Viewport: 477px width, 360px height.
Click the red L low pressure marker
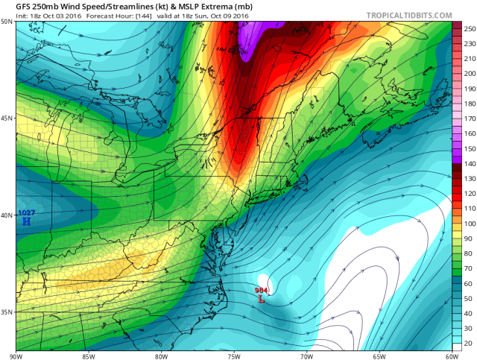tap(261, 299)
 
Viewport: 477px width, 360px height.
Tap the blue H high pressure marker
tap(26, 221)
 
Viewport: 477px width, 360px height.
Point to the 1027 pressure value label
tap(26, 213)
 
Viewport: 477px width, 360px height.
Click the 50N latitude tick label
tap(7, 22)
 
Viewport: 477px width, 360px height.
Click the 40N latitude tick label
tap(7, 215)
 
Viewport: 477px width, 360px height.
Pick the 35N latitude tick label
tap(7, 312)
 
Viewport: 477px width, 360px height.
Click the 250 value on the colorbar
tap(468, 27)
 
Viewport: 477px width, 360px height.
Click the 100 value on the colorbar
tap(468, 223)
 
